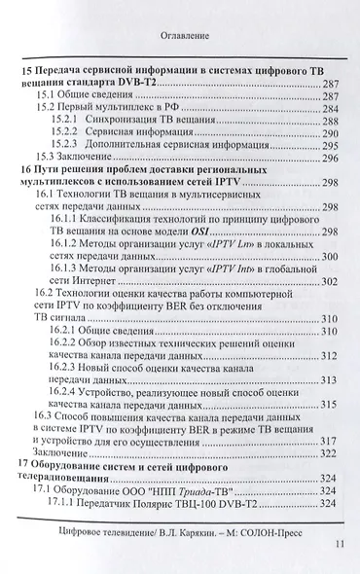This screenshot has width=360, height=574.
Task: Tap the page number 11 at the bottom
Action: click(x=337, y=547)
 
